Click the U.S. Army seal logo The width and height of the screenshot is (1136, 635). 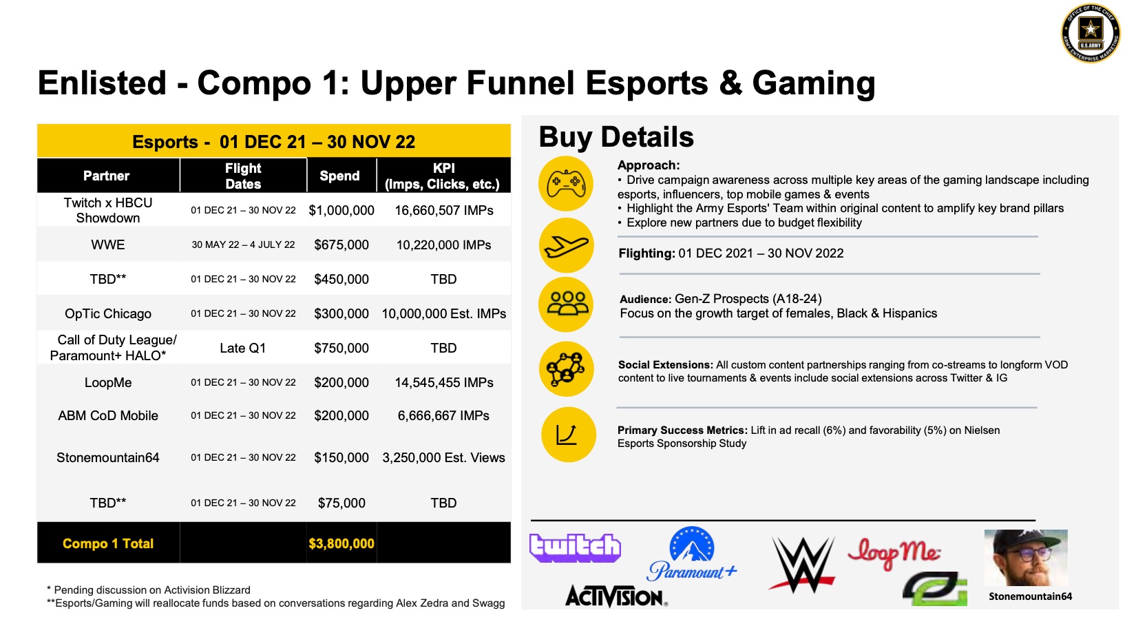(1091, 33)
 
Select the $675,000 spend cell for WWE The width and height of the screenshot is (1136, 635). (341, 245)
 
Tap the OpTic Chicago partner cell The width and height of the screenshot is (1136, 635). (108, 313)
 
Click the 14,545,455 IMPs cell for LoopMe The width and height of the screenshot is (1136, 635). (444, 382)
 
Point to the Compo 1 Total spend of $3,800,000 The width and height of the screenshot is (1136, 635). (341, 543)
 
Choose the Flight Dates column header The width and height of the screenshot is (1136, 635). (243, 176)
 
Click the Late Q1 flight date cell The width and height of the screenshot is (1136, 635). (243, 348)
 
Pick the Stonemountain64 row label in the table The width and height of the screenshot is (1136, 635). (108, 457)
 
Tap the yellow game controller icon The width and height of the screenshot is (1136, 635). (566, 184)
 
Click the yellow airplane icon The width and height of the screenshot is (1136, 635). (566, 245)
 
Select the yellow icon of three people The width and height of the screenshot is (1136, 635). (567, 304)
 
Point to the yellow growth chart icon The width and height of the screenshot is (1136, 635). (569, 435)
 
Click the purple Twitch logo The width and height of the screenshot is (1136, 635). (575, 548)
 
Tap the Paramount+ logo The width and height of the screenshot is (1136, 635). (692, 554)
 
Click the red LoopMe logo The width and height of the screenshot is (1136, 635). (894, 554)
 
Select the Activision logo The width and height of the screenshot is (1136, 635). (616, 596)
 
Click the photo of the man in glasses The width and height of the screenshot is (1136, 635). (1026, 558)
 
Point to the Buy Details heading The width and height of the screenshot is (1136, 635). (616, 137)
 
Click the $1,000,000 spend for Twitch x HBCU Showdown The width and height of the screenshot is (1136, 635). (341, 211)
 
